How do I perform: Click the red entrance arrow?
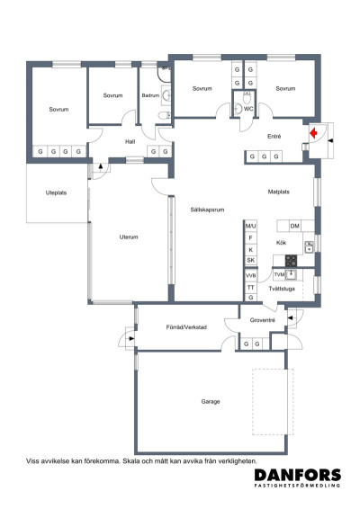point(313,133)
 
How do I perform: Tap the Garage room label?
point(211,402)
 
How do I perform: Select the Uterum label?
point(129,237)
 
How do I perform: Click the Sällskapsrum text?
point(207,210)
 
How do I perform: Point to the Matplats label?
point(278,192)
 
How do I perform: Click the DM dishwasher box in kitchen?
point(295,226)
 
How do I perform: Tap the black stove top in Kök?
point(291,261)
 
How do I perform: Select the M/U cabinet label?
point(250,226)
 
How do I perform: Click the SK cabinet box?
point(251,260)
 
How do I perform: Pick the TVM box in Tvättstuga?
point(279,275)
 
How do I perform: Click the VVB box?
point(251,275)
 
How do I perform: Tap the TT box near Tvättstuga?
point(251,288)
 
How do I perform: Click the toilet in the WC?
point(247,97)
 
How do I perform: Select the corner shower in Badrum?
point(164,74)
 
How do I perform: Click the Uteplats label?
point(56,192)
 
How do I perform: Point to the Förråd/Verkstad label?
point(186,327)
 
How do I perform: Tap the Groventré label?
point(263,320)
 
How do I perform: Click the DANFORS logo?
point(298,478)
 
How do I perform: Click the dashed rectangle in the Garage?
point(273,402)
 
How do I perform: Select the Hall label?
point(130,141)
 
